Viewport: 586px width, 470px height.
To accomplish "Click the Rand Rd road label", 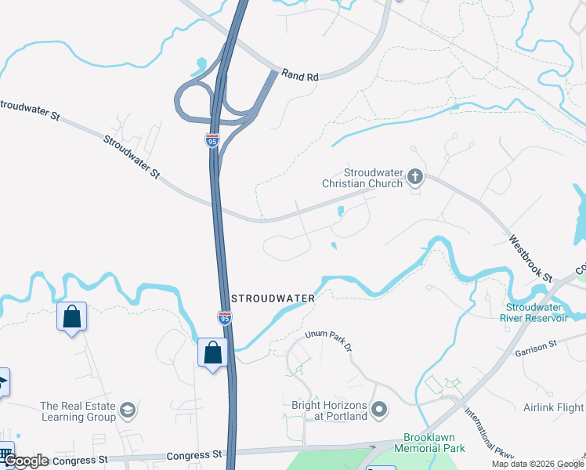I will coord(302,77).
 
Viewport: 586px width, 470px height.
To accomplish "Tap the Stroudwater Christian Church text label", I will coord(373,178).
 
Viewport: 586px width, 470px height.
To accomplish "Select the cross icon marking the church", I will coord(415,177).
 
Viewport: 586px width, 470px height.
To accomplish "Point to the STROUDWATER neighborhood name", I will coord(274,298).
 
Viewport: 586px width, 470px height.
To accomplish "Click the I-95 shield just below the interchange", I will coord(212,140).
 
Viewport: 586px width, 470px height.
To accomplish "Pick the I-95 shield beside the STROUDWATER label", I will coord(223,316).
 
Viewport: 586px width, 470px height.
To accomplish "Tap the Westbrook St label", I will coord(530,258).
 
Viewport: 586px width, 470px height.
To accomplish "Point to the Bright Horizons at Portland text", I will coord(329,410).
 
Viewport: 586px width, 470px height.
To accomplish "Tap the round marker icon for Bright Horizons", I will coord(380,410).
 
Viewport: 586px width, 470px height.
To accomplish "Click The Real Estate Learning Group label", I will coord(78,411).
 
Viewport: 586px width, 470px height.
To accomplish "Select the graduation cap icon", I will coord(128,410).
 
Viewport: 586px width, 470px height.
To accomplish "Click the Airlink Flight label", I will coord(553,407).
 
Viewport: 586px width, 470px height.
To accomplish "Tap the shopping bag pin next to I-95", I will coord(212,353).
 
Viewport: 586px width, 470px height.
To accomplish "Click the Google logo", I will coord(26,461).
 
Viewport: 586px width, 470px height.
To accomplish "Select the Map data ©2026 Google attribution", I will coord(537,464).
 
